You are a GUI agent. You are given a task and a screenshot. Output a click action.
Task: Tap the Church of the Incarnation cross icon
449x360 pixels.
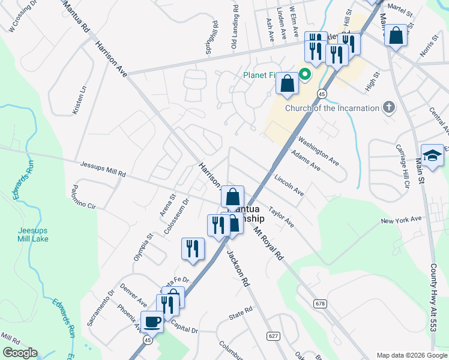click(x=389, y=108)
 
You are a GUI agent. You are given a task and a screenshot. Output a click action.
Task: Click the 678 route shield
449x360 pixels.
click(x=320, y=304)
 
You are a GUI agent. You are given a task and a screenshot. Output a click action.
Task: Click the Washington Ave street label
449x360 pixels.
click(x=319, y=153)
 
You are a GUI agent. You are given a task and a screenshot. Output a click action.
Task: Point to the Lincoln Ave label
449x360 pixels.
click(x=289, y=185)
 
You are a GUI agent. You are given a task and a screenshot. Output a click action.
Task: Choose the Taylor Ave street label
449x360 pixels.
click(x=281, y=217)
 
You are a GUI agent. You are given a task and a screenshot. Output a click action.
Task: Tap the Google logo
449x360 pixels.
click(x=19, y=353)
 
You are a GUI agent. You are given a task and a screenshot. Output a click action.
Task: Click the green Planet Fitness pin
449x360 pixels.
click(x=304, y=76)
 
